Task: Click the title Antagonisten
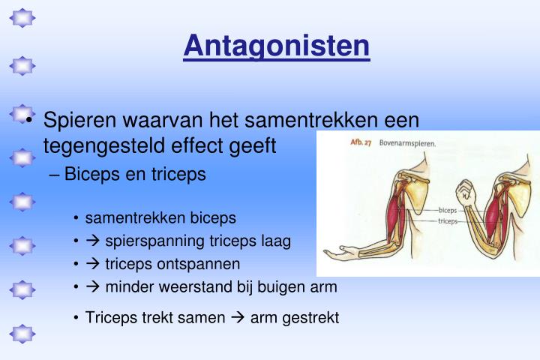click(277, 46)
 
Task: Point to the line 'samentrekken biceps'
click(160, 218)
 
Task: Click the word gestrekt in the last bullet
click(310, 317)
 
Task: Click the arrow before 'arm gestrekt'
click(238, 317)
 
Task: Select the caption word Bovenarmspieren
click(408, 142)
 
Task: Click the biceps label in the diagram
click(448, 211)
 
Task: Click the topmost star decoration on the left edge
click(22, 16)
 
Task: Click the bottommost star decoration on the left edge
click(22, 332)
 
